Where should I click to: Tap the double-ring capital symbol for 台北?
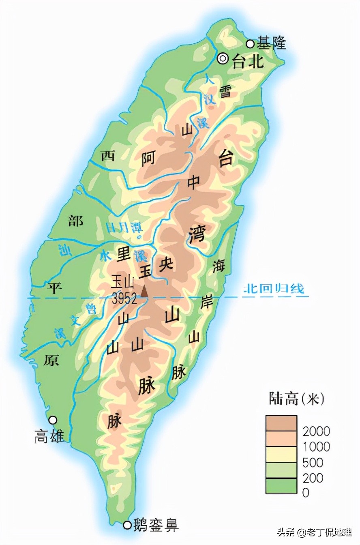(223, 59)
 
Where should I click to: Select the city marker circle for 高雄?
(53, 420)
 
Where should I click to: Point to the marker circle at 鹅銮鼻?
(127, 526)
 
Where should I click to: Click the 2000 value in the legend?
(316, 431)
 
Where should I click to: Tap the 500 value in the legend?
(313, 462)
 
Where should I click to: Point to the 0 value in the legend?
(306, 493)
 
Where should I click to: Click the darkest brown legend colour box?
(281, 423)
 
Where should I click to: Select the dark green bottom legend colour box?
(281, 486)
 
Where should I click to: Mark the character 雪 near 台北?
(225, 92)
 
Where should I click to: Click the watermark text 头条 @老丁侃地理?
(314, 532)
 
